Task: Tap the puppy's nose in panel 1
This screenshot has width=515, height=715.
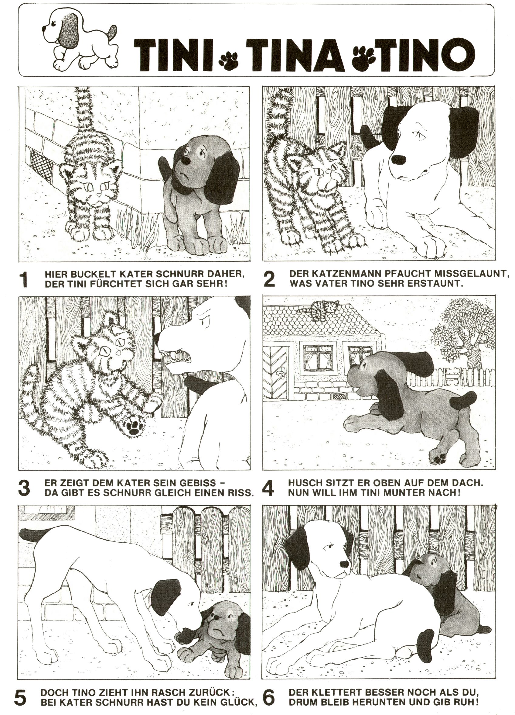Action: [x=187, y=161]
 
